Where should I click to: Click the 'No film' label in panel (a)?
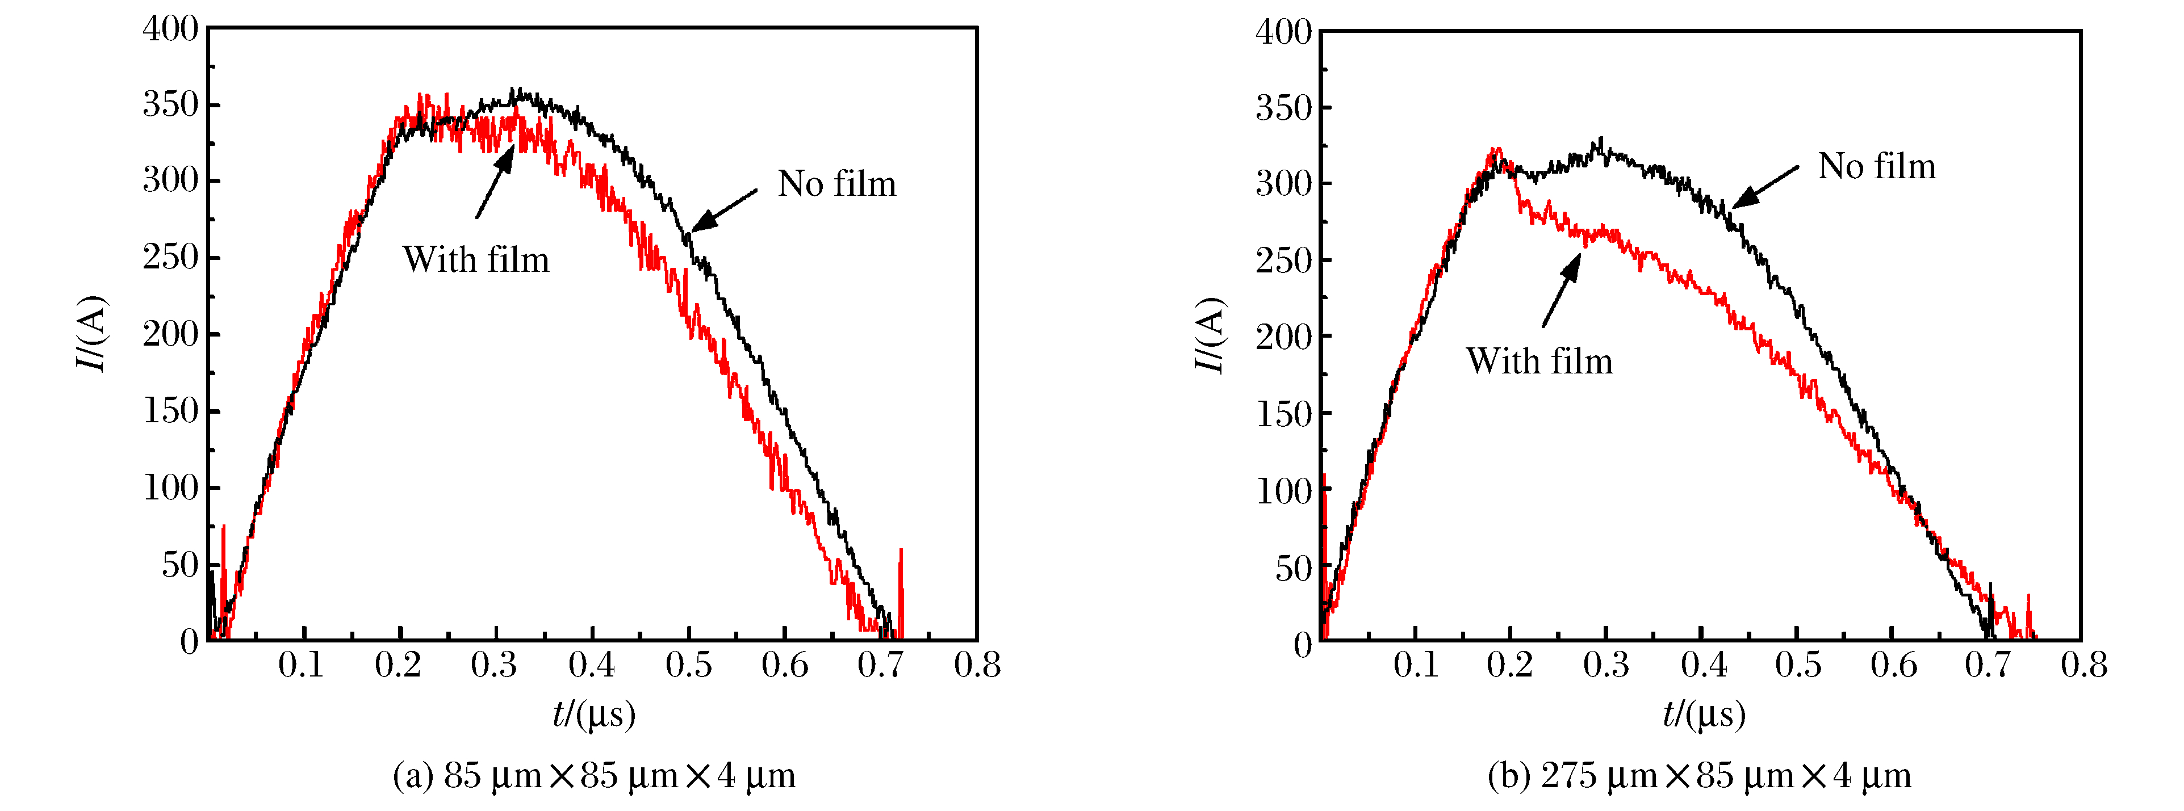(x=837, y=184)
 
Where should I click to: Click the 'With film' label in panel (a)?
(x=476, y=260)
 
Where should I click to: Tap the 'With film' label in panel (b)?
(x=1539, y=361)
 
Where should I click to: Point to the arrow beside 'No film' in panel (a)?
(x=724, y=209)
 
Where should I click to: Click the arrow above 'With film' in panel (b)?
(x=1562, y=290)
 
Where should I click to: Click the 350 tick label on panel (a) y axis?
(x=170, y=104)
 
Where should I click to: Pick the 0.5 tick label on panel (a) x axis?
(x=688, y=665)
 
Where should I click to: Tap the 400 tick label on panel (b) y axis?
(x=1283, y=32)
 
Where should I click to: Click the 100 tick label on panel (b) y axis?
(x=1283, y=491)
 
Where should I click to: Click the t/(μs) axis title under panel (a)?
(x=593, y=715)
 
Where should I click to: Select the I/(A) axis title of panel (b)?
(x=1210, y=335)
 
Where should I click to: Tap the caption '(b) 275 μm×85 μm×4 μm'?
(x=1700, y=775)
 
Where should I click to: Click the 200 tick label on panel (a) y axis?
(x=170, y=335)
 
